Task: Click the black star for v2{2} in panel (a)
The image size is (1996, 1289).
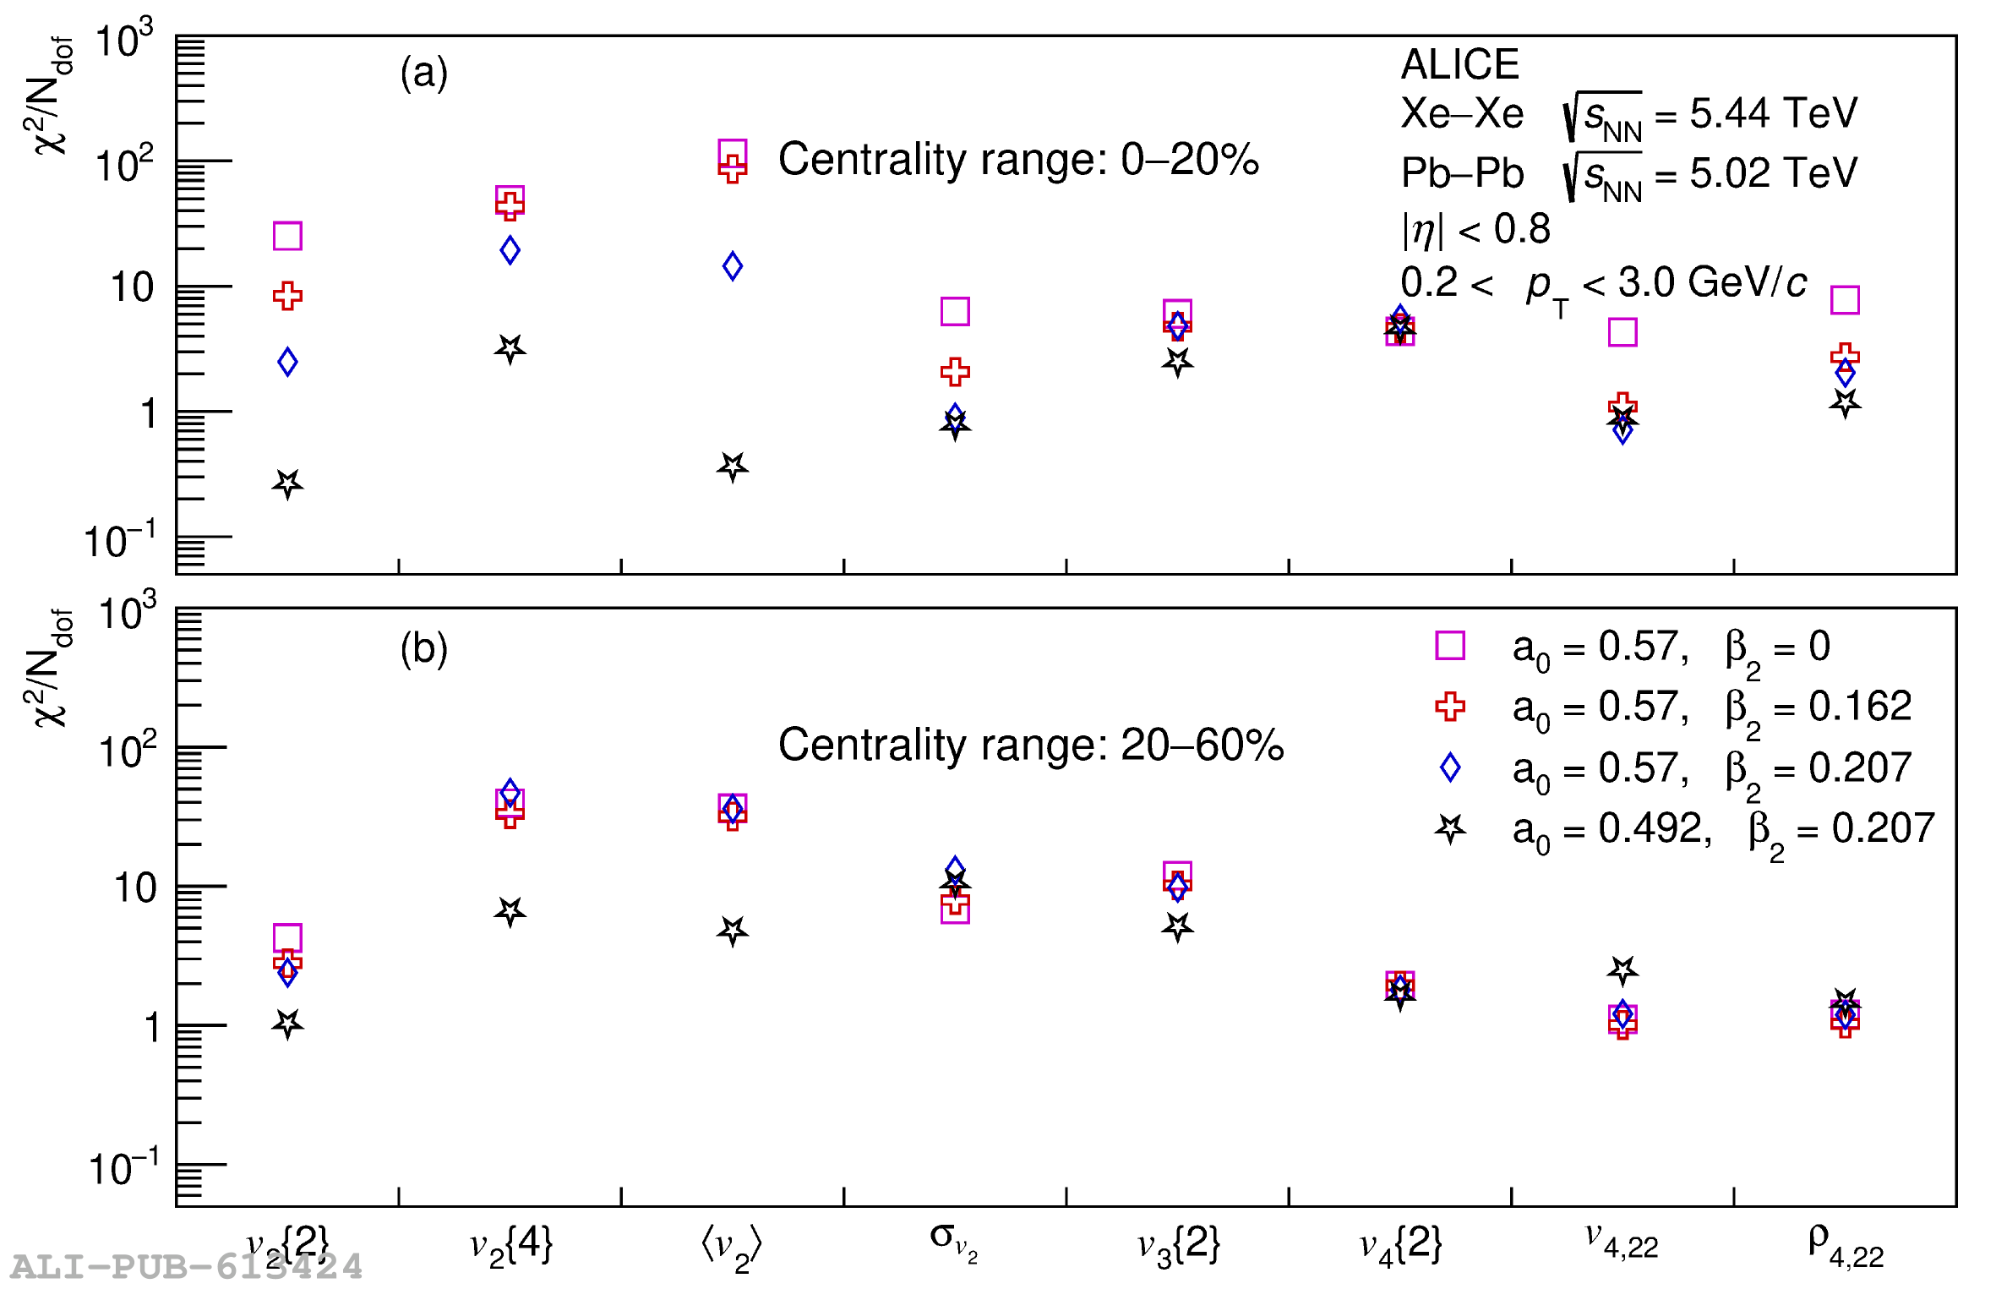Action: click(x=287, y=483)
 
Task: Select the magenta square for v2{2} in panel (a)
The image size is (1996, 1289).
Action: click(x=287, y=236)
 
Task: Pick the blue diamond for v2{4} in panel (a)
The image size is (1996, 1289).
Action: click(x=510, y=250)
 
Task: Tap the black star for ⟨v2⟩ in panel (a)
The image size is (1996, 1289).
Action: click(x=733, y=466)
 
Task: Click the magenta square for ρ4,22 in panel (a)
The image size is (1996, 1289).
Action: click(x=1845, y=300)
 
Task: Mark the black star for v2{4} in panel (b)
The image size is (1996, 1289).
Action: click(x=510, y=911)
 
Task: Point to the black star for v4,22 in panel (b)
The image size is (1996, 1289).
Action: click(x=1622, y=969)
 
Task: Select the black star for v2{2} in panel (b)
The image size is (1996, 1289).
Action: click(x=287, y=1024)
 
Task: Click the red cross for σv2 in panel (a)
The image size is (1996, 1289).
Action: click(x=955, y=371)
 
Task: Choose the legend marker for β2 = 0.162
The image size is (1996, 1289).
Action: click(x=1450, y=707)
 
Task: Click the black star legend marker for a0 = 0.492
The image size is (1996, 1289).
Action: click(x=1450, y=829)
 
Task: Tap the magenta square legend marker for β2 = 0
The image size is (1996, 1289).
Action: click(x=1450, y=646)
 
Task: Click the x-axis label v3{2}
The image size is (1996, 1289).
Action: click(x=1178, y=1245)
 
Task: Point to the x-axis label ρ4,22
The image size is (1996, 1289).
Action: click(x=1846, y=1245)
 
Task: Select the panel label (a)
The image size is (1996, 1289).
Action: click(x=424, y=73)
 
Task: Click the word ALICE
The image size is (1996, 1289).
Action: click(x=1459, y=65)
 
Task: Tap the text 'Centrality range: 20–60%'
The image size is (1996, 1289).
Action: click(x=1030, y=746)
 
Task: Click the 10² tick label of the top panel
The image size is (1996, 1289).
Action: click(x=124, y=164)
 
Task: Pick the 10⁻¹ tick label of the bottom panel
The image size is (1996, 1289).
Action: click(x=123, y=1168)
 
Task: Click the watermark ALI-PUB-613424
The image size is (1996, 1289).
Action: click(x=186, y=1267)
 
